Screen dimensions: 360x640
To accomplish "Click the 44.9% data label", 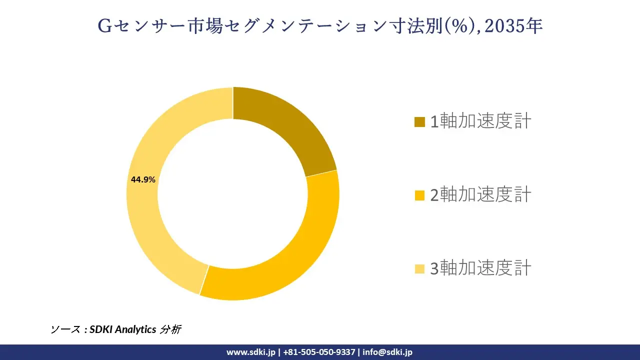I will [x=143, y=179].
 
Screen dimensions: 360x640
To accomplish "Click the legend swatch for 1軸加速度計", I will [x=420, y=121].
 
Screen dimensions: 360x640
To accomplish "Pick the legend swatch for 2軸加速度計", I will [x=420, y=195].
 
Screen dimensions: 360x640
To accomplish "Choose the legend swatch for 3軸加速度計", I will [x=420, y=269].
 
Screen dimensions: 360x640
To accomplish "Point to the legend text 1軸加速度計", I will [x=480, y=121].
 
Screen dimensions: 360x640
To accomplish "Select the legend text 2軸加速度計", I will [x=480, y=195].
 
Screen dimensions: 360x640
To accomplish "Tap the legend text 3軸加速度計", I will [x=480, y=269].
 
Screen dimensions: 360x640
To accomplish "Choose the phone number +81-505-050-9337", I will [x=319, y=352].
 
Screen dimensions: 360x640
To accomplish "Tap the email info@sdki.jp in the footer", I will [x=387, y=352].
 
